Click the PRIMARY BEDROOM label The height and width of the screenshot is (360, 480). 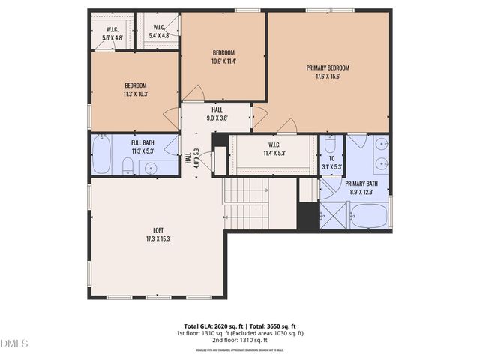point(328,67)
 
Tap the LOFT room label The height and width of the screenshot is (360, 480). point(157,230)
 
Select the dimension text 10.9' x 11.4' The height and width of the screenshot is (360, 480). point(223,61)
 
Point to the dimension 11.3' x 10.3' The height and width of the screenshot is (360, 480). point(135,94)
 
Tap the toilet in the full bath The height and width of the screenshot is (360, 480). point(127,168)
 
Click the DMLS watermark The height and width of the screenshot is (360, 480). point(14,343)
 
